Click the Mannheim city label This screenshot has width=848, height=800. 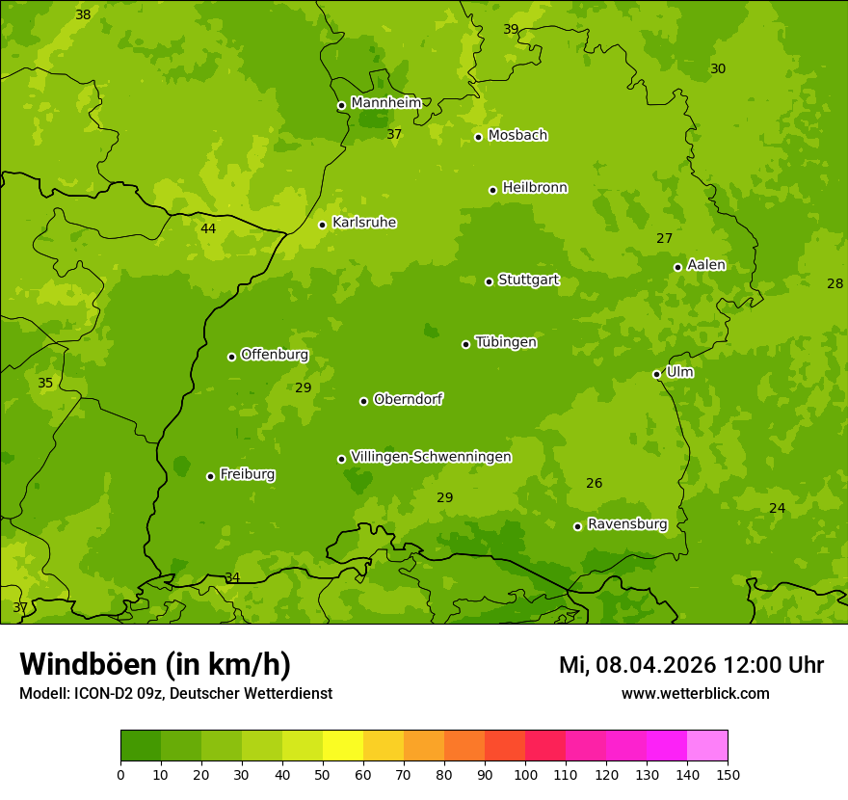click(x=385, y=103)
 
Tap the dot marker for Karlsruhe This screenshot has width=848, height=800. click(x=322, y=226)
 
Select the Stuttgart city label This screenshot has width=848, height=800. click(x=528, y=280)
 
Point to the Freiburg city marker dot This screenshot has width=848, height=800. click(x=210, y=476)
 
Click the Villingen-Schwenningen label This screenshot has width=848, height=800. click(x=431, y=457)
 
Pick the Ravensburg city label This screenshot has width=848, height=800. click(x=627, y=524)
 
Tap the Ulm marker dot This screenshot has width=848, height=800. click(x=656, y=374)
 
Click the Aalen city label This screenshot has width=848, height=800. click(x=706, y=265)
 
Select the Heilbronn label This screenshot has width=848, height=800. click(x=535, y=188)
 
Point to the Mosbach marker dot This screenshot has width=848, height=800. click(x=478, y=137)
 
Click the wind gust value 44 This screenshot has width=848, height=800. click(x=208, y=229)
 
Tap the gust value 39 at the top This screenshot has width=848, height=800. click(x=511, y=30)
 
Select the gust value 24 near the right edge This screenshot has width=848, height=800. click(x=777, y=509)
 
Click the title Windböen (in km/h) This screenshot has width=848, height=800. click(x=155, y=664)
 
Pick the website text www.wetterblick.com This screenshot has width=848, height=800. click(x=695, y=694)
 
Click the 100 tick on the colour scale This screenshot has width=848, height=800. click(x=525, y=774)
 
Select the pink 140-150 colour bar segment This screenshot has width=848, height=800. click(x=707, y=745)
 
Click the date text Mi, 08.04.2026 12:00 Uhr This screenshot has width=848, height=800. click(x=691, y=665)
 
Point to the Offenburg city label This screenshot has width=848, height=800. click(x=275, y=355)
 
